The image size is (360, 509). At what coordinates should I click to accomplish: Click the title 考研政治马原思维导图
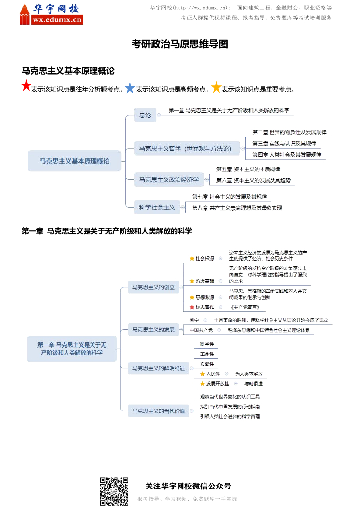(180, 44)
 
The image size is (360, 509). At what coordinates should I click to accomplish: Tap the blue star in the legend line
(130, 88)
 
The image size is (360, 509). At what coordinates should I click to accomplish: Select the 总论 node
(145, 115)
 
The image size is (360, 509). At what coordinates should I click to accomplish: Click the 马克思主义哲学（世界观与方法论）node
(185, 148)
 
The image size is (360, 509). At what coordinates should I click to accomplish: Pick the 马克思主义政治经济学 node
(169, 179)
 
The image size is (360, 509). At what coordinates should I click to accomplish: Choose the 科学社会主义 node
(157, 207)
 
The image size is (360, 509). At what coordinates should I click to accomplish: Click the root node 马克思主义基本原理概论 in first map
(75, 161)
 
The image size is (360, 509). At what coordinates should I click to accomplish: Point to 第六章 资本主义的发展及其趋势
(255, 180)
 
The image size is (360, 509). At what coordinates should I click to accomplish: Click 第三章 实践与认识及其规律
(284, 143)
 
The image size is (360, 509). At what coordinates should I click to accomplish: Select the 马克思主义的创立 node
(153, 287)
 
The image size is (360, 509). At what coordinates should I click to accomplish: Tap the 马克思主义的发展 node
(153, 329)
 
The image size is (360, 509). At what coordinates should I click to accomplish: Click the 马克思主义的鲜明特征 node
(157, 368)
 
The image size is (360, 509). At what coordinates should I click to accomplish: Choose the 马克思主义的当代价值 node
(157, 411)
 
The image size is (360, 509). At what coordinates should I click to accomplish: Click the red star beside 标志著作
(192, 307)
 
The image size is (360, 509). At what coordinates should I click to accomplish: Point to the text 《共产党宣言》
(244, 307)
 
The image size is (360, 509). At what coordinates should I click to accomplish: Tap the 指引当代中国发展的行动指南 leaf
(229, 407)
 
